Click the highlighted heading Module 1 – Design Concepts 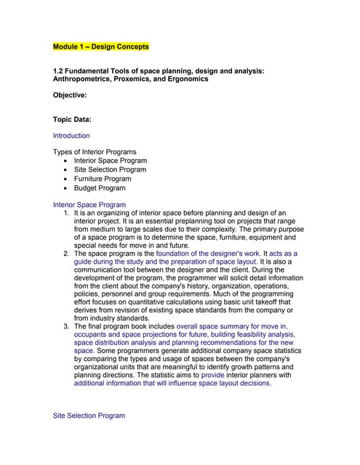tap(101, 47)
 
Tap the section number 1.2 tap(59, 70)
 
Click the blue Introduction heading tap(71, 136)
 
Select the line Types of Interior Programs tap(95, 152)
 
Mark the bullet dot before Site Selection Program tap(67, 170)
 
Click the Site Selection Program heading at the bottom tap(89, 416)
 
